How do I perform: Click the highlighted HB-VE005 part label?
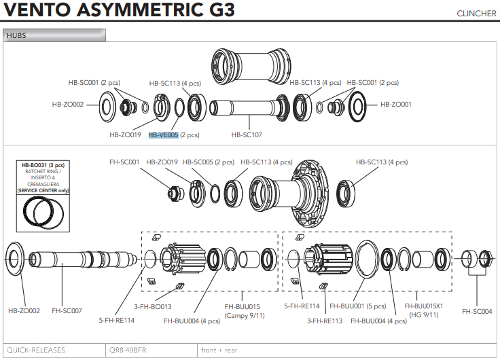[163, 135]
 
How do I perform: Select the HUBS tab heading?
[16, 35]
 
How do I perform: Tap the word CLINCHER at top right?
[476, 14]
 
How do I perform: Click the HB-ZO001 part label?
[395, 105]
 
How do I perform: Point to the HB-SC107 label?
[247, 135]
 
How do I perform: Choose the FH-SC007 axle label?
[67, 311]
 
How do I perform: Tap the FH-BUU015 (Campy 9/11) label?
[245, 311]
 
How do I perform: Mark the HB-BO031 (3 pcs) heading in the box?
[43, 165]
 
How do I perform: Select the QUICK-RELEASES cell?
[35, 350]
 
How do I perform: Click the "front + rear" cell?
[218, 350]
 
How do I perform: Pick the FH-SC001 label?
[124, 162]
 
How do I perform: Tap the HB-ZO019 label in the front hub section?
[125, 135]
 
